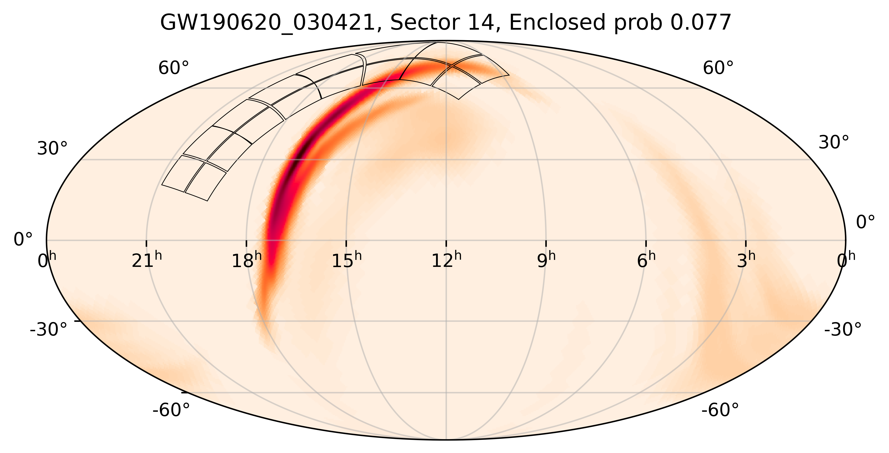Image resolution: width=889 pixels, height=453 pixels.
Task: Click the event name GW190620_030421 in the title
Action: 268,23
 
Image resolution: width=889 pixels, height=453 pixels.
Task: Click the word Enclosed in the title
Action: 557,23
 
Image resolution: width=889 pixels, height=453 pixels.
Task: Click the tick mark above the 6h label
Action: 646,243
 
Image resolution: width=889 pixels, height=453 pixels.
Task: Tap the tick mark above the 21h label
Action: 146,243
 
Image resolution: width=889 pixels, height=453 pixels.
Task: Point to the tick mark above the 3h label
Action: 746,243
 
